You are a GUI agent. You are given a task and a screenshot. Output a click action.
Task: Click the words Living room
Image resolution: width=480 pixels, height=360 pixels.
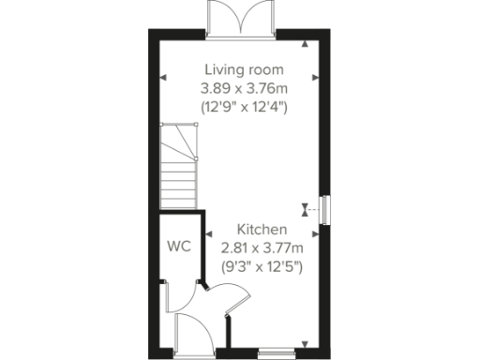coord(244,70)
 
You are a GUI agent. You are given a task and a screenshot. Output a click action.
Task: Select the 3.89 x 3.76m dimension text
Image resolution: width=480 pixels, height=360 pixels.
coord(244,88)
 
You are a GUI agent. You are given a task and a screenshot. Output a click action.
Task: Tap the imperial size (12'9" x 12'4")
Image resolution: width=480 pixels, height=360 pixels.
coord(244,106)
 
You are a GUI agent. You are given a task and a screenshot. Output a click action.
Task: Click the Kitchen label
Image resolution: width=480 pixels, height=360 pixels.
coord(262,230)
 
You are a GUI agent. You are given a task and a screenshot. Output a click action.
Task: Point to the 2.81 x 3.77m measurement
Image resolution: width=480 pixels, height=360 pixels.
coord(262,247)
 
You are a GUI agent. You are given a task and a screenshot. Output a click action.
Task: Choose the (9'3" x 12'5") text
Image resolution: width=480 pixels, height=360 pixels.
coord(262,265)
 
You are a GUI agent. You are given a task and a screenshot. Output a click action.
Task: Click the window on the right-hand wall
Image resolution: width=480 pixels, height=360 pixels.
coord(324,210)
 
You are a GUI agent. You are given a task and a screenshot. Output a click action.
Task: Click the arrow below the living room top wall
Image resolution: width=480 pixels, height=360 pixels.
coord(304,44)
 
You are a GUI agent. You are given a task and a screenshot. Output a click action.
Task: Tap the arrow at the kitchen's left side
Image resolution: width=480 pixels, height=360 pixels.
coord(210,236)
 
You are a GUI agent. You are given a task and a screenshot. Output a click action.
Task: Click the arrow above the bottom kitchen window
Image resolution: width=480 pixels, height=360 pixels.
coord(304,342)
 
